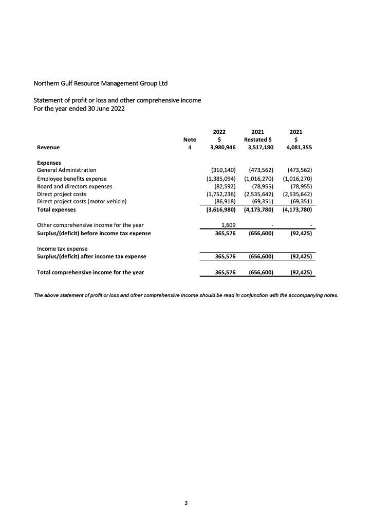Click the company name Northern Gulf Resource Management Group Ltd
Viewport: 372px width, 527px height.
coord(101,83)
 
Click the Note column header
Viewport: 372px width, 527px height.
coord(190,139)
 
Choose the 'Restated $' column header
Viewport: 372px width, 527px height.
coord(258,139)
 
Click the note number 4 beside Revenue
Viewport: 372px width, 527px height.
coord(190,147)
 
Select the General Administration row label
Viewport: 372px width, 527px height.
coord(66,170)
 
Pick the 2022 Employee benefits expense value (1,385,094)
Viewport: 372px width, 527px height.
coord(217,179)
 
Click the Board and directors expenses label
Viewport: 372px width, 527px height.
coord(75,186)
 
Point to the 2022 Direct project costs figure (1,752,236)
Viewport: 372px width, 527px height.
coord(217,194)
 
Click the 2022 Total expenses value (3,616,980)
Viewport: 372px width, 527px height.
coord(217,210)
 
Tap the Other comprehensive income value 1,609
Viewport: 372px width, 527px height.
coord(228,225)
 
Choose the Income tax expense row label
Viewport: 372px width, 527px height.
coord(62,249)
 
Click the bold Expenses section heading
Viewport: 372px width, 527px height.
coord(49,163)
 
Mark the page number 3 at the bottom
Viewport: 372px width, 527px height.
coord(186,503)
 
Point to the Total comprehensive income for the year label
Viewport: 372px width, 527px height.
coord(90,272)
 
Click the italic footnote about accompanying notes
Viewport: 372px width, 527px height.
coord(186,295)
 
